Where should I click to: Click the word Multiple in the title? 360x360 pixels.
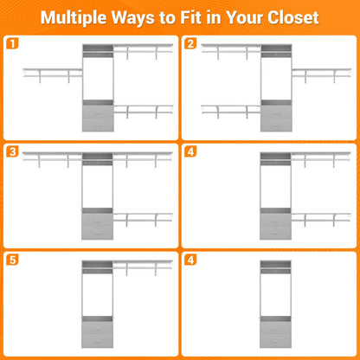74,17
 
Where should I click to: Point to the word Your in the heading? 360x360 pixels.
245,17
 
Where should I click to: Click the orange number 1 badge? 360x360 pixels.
12,43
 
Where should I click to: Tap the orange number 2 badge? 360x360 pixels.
190,43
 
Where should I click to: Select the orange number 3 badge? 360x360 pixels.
12,151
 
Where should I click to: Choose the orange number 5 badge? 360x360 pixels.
12,260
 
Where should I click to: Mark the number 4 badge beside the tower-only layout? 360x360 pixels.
190,260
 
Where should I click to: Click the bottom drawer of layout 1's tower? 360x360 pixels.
98,125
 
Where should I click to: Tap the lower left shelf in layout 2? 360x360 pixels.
231,111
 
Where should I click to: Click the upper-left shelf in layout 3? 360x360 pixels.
52,158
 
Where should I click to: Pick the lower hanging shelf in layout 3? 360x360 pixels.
143,219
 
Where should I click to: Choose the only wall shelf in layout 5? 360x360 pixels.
143,267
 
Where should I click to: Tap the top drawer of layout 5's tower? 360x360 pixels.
97,328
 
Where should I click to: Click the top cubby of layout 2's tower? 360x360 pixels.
276,48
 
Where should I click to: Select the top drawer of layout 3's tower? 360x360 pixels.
97,220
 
